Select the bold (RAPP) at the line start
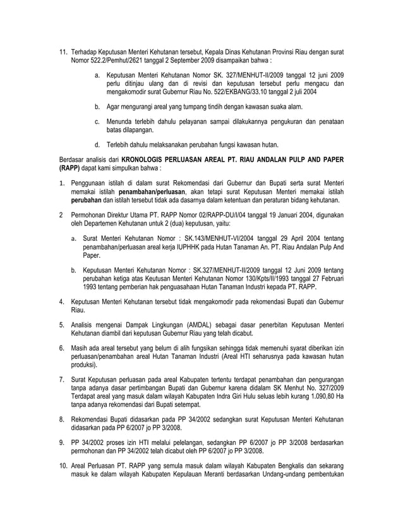[69, 169]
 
